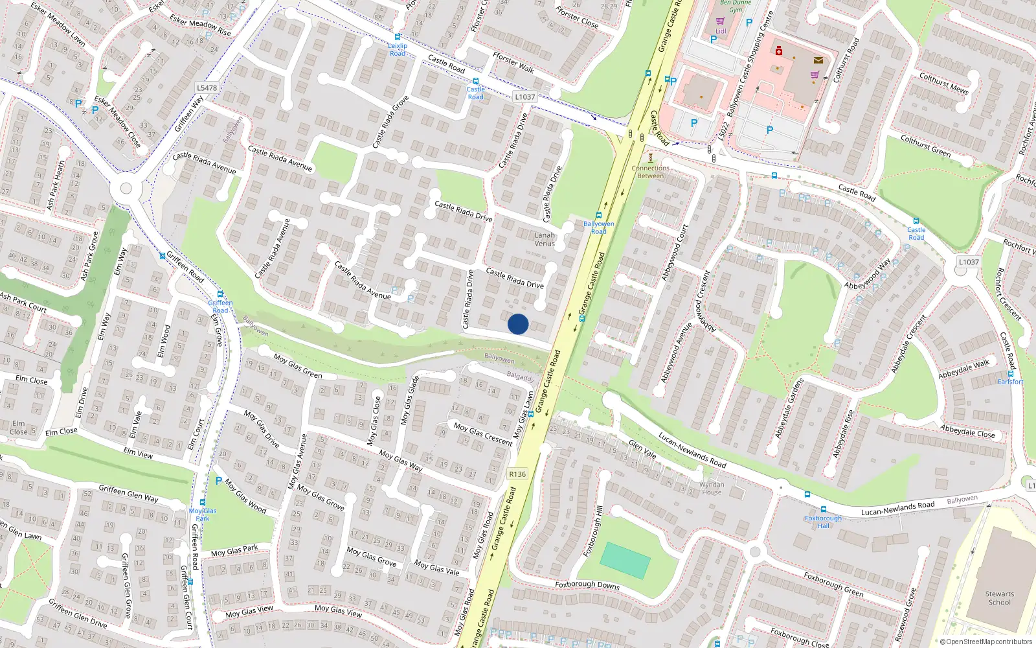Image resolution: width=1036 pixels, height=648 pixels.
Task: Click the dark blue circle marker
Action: [518, 324]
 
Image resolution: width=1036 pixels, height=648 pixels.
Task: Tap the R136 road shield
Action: [517, 474]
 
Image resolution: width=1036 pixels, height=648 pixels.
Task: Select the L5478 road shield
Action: [207, 87]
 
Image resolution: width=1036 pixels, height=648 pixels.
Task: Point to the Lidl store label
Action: [721, 30]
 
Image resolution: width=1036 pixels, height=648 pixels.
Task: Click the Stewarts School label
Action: [999, 598]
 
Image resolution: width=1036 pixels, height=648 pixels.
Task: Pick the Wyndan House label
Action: [712, 488]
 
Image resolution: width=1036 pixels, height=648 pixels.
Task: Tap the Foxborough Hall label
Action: [823, 522]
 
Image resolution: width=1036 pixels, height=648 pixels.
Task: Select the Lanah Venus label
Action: [545, 239]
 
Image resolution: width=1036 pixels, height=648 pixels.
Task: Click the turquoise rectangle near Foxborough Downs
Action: [625, 561]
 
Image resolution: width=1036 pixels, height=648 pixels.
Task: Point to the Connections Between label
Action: [651, 172]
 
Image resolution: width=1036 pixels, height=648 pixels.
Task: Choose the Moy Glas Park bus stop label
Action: [203, 515]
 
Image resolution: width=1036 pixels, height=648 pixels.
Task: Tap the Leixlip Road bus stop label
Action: [398, 49]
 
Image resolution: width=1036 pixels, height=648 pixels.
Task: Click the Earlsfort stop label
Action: [1010, 382]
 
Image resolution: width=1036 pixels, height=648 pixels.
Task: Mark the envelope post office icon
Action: [818, 60]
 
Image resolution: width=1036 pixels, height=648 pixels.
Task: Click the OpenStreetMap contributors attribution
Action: [986, 642]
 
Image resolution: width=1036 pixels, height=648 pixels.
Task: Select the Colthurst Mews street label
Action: [943, 84]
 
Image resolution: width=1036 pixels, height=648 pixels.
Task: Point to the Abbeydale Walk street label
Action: [963, 369]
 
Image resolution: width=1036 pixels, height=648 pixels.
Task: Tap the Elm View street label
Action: [138, 453]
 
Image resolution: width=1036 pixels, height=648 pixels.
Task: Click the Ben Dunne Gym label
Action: [736, 6]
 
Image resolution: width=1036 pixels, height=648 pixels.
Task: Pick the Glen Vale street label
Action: [642, 450]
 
